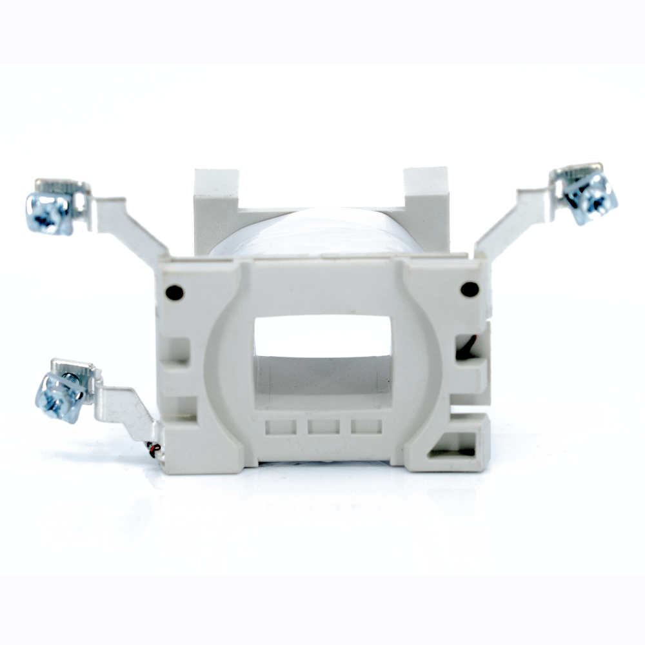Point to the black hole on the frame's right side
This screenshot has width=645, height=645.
(470, 290)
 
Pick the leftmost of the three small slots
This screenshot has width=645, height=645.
(281, 427)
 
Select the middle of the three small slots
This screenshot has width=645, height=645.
(324, 427)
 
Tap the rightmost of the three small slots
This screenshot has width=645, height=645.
(366, 427)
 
